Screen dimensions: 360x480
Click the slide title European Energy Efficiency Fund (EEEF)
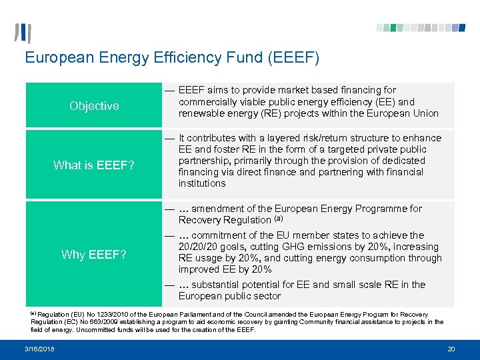(172, 58)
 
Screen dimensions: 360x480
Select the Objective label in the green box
(94, 106)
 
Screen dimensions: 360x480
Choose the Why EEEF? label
(94, 254)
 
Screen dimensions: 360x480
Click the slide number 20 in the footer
(451, 349)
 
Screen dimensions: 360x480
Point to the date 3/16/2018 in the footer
(40, 349)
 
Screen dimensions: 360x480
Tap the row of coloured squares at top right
(420, 28)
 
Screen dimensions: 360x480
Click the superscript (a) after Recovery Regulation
(278, 219)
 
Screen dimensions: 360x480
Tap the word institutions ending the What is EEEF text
(202, 183)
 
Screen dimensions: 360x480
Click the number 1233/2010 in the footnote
(112, 314)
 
